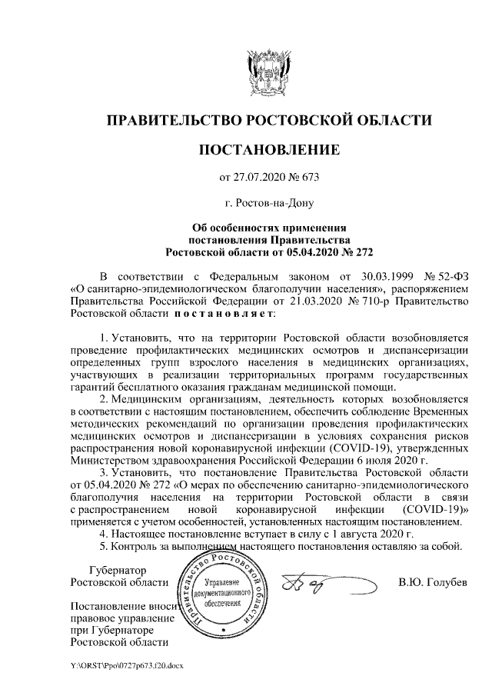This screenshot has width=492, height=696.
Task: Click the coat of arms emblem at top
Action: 268,72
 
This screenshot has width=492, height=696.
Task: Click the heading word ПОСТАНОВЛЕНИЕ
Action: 268,149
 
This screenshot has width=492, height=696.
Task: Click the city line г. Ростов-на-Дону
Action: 268,204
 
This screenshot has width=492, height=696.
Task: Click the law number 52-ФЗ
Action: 446,276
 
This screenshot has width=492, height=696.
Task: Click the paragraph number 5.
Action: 105,547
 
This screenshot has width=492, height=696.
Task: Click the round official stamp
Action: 226,596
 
